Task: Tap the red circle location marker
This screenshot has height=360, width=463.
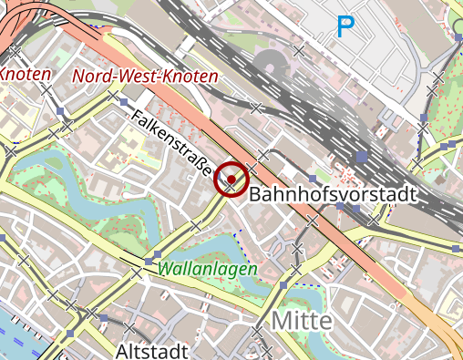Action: tap(231, 180)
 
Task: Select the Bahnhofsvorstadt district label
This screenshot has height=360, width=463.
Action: tap(332, 194)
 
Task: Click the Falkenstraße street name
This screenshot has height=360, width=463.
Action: tap(171, 143)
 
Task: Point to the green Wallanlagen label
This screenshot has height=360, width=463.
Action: tap(207, 269)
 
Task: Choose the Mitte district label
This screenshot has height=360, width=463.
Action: tap(302, 321)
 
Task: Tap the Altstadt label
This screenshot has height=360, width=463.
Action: tap(152, 351)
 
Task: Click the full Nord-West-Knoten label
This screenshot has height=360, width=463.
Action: tap(146, 77)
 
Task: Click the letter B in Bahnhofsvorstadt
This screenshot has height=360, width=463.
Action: tap(255, 194)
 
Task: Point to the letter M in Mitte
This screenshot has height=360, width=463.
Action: tap(280, 321)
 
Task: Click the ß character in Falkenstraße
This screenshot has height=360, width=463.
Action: tap(201, 165)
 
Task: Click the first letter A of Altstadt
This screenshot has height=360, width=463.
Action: tap(122, 351)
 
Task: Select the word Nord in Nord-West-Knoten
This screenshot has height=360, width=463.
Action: tap(91, 77)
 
